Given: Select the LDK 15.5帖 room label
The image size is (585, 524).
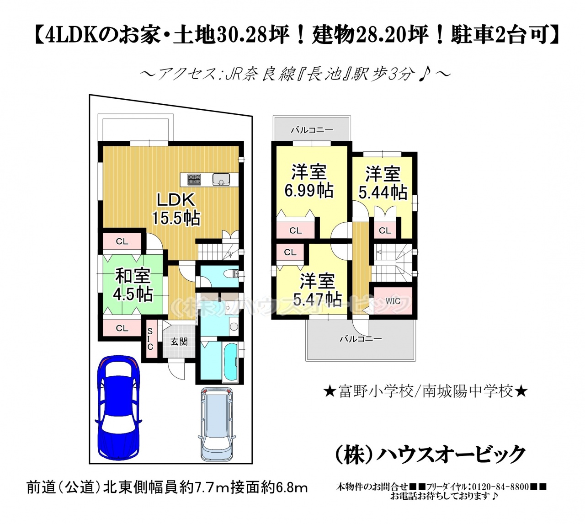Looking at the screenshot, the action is (175, 209).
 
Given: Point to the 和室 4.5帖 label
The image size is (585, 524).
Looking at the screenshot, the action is (133, 285).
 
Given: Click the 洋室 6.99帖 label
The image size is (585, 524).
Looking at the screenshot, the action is (309, 182).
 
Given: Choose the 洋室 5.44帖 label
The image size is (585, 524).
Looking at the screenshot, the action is (383, 183).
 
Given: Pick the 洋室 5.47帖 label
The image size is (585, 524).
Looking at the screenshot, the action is (317, 290).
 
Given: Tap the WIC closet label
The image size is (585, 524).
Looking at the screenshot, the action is (393, 301).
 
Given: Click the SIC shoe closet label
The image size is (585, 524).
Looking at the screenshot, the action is (150, 339).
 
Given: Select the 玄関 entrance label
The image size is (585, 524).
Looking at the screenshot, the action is (179, 342).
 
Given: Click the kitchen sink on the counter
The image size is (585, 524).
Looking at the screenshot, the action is (221, 179).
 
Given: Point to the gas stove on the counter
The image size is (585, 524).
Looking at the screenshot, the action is (194, 179).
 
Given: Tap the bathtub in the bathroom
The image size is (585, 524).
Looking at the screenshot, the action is (231, 362).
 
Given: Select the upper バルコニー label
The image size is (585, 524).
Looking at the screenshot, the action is (312, 130).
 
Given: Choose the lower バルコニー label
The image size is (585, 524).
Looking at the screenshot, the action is (360, 339).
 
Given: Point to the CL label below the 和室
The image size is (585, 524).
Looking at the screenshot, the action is (122, 328).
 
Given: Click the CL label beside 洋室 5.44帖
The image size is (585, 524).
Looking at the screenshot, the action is (385, 230).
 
